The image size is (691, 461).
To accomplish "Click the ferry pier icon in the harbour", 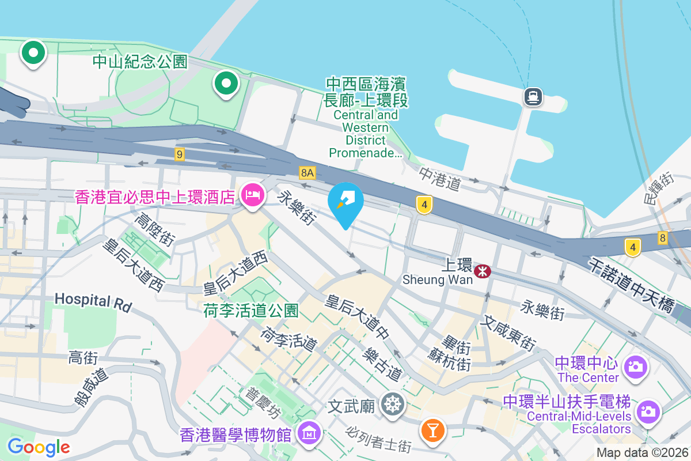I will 533,96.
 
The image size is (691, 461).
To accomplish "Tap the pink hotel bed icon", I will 252,195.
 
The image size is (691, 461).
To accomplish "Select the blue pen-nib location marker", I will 345,202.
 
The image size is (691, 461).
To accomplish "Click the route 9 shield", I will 180,154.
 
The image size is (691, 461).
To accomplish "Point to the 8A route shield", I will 307,172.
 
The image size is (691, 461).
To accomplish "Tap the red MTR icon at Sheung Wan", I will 483,270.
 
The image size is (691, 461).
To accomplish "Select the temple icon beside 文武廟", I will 393,405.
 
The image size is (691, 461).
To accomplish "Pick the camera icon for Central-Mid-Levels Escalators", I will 648,411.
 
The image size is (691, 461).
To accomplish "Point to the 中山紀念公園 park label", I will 141,62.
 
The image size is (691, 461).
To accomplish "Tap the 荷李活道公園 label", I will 251,311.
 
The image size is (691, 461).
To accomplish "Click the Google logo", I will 39,447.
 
